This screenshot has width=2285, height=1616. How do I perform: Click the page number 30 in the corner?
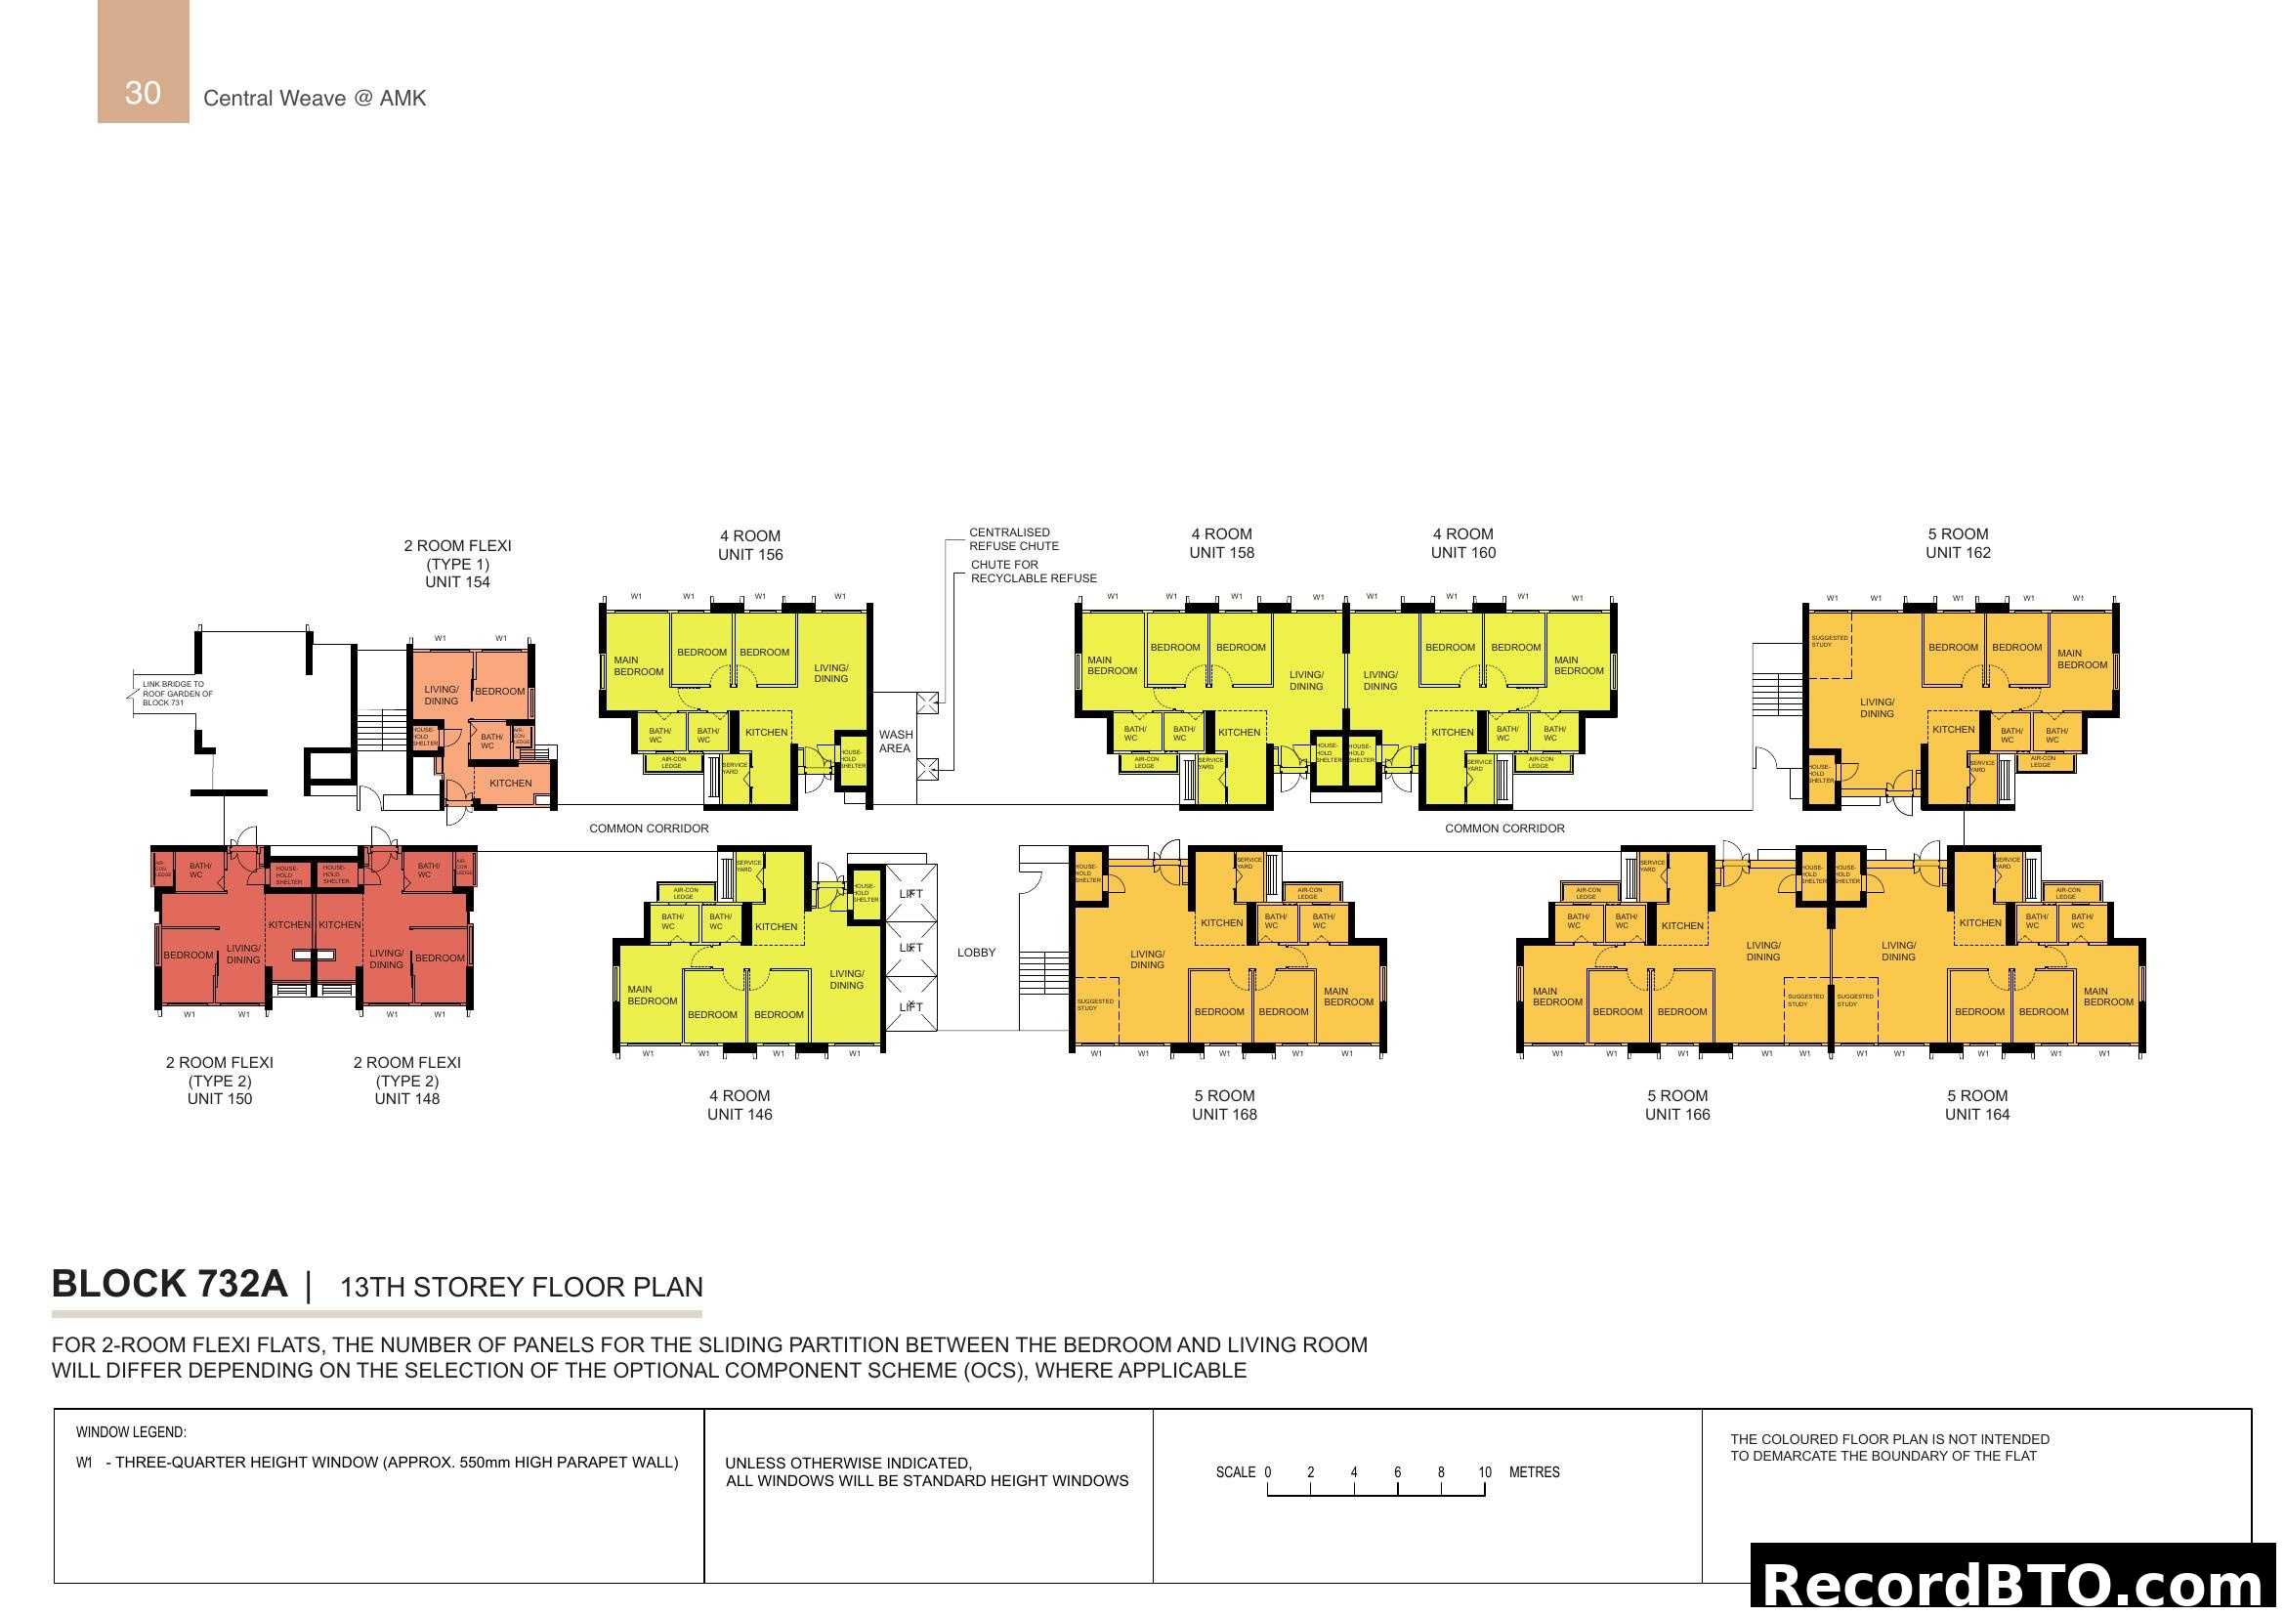(143, 93)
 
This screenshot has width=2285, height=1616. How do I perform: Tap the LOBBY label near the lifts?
(975, 953)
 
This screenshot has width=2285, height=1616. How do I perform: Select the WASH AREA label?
(895, 742)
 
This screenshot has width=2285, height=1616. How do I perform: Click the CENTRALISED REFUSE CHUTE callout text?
(1013, 539)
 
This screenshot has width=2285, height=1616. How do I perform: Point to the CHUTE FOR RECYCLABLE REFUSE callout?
(1033, 572)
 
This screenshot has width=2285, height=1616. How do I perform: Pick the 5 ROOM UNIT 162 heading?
(1957, 543)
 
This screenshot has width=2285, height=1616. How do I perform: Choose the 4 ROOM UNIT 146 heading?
(740, 1105)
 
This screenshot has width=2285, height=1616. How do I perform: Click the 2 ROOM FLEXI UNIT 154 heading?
(457, 563)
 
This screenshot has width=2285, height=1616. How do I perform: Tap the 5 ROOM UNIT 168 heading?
(1224, 1105)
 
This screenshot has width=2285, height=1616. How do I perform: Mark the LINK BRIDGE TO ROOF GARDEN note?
(177, 694)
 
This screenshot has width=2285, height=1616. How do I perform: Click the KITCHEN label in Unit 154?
(511, 784)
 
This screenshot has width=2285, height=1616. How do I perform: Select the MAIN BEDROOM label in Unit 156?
(638, 665)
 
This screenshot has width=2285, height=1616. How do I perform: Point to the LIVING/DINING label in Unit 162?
(1876, 707)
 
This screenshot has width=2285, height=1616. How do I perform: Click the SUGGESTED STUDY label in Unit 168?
(1094, 1005)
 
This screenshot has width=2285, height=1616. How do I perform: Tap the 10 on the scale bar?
(1484, 1472)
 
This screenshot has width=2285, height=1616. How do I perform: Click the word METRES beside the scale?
(1534, 1472)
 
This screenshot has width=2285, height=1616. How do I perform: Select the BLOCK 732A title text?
(169, 1285)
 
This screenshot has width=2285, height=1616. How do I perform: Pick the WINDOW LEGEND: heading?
(130, 1433)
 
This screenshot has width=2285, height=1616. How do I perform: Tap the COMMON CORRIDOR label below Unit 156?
(649, 828)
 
